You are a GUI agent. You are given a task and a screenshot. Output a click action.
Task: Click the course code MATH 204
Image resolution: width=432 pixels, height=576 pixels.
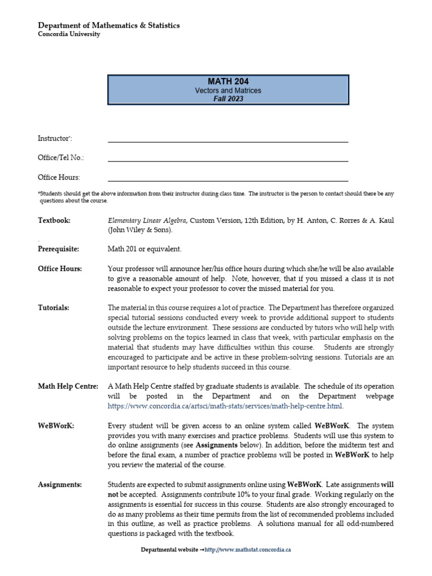(228, 82)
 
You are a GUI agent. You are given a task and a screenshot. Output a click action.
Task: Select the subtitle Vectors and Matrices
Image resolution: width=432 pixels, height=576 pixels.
(228, 91)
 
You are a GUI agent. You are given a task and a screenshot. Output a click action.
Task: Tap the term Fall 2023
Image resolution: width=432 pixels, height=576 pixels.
(228, 98)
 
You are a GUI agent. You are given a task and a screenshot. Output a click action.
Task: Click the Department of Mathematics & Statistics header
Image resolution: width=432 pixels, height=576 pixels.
(109, 25)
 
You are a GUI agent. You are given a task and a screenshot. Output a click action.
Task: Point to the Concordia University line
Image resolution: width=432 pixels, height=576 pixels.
(69, 34)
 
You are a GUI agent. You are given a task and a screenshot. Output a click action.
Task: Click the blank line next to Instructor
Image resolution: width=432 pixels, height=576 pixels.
(228, 141)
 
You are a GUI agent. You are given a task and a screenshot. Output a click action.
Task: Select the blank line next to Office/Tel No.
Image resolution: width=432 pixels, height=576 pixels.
(228, 160)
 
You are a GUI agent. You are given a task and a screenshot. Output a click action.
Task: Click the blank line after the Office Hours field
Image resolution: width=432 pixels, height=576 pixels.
(228, 180)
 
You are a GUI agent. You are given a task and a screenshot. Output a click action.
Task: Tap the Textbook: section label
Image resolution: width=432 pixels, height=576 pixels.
(54, 220)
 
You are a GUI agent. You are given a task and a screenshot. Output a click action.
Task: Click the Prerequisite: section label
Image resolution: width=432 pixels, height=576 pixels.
(58, 249)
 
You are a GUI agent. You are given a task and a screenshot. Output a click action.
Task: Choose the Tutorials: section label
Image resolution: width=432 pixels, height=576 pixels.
(54, 308)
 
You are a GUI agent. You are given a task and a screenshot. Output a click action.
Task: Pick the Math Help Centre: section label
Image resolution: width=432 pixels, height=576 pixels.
(68, 386)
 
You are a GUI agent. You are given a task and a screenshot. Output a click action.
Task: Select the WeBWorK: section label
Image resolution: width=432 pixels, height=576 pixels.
(56, 426)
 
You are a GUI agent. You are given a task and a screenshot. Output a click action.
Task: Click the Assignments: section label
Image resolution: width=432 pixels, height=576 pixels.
(60, 485)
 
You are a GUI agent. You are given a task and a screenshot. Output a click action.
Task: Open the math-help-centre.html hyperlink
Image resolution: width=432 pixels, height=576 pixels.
(224, 406)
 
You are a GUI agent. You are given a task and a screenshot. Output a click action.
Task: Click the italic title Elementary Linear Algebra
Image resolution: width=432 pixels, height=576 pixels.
(147, 220)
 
